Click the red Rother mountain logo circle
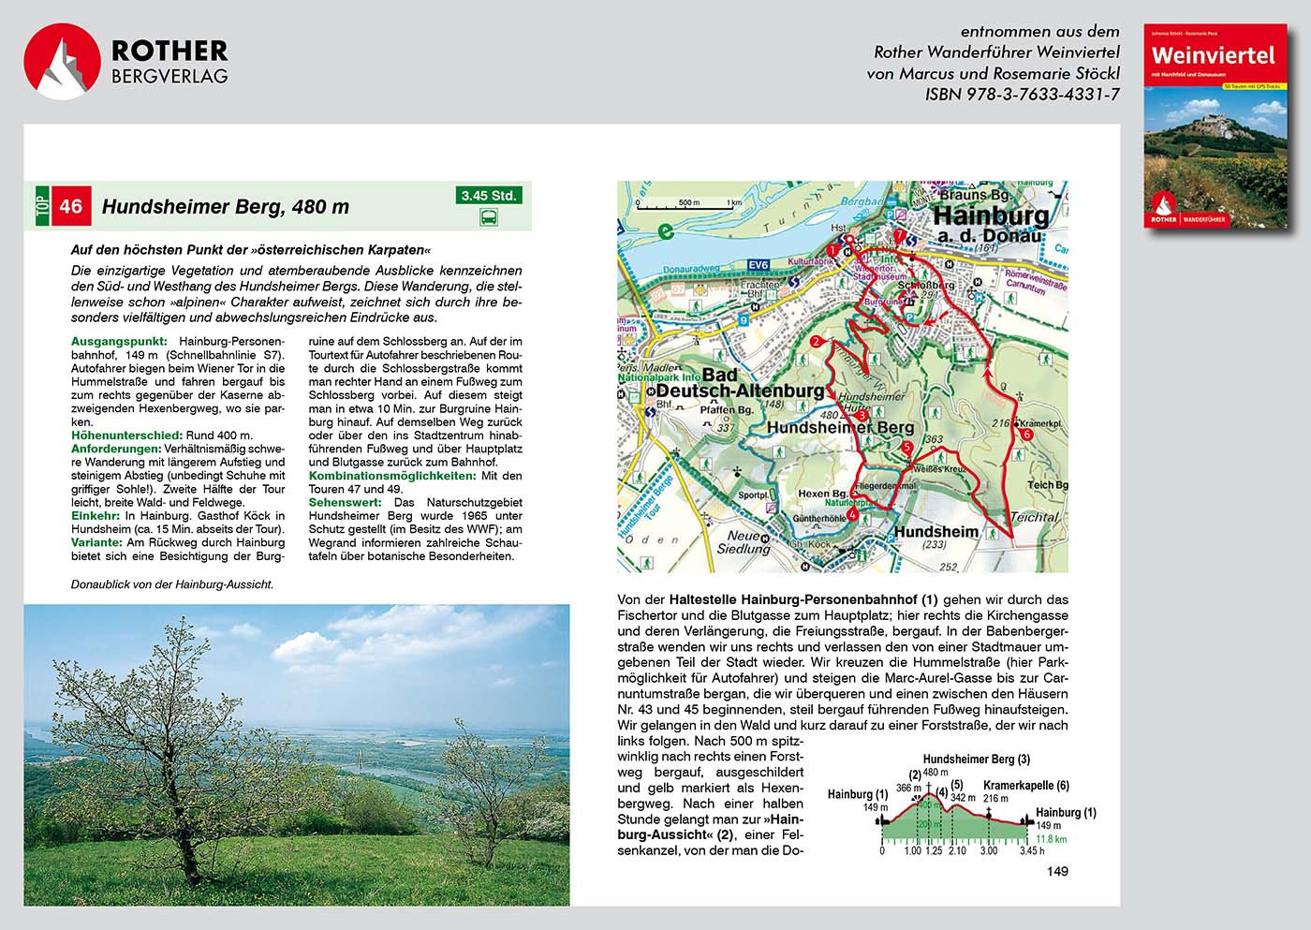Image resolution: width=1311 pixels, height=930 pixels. tap(62, 62)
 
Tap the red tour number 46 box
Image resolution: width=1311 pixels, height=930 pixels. tap(71, 206)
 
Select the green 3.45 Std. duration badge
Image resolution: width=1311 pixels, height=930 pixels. tap(489, 196)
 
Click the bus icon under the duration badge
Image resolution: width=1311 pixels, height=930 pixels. tap(489, 218)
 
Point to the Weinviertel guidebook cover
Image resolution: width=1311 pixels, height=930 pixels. tap(1214, 126)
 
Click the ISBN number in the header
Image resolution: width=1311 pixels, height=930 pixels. tap(1022, 95)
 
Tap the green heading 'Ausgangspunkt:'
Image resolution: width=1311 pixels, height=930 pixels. tap(119, 342)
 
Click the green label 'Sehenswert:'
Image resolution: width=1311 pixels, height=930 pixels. tap(345, 503)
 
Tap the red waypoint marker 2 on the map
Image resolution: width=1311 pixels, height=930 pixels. tap(817, 342)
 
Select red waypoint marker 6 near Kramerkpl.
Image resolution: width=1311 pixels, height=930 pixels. tap(1026, 435)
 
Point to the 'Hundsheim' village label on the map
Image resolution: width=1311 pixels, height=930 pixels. tap(935, 532)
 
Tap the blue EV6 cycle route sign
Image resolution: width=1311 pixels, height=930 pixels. tap(759, 265)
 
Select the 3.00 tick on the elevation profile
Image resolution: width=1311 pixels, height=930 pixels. tap(989, 851)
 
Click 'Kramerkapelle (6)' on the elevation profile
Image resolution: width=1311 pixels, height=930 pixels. tap(1025, 786)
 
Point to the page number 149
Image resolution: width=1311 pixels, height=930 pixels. tap(1057, 872)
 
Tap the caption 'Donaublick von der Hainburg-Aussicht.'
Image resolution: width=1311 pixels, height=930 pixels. tap(172, 584)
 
